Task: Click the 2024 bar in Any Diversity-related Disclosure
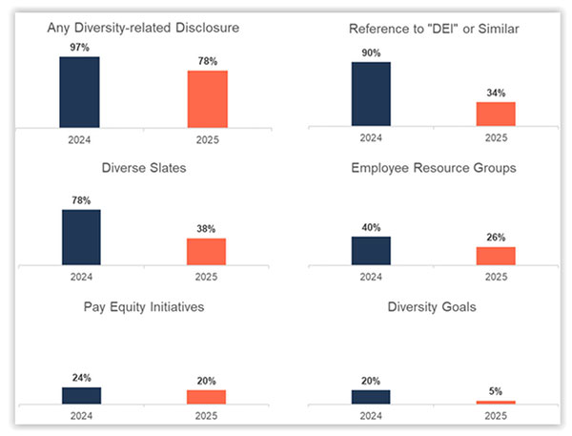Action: tap(79, 92)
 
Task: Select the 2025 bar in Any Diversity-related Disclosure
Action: tap(207, 98)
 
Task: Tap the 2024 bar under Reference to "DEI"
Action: tap(371, 93)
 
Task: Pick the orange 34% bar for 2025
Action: tap(496, 114)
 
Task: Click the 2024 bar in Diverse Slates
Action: tap(81, 237)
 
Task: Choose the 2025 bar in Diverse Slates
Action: tap(206, 251)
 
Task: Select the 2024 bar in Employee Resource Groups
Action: tap(371, 250)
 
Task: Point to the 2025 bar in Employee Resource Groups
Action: tap(496, 256)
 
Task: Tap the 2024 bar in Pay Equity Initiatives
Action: tap(81, 395)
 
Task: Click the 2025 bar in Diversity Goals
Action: tap(496, 402)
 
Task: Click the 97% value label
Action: tap(80, 48)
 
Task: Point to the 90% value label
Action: tap(371, 53)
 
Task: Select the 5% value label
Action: tap(496, 391)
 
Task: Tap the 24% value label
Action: tap(81, 378)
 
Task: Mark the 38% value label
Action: tap(206, 229)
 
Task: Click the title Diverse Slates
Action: tap(143, 169)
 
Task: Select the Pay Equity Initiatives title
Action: tap(143, 307)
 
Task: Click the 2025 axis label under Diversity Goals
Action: tap(496, 417)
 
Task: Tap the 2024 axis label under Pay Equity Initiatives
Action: tap(81, 417)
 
